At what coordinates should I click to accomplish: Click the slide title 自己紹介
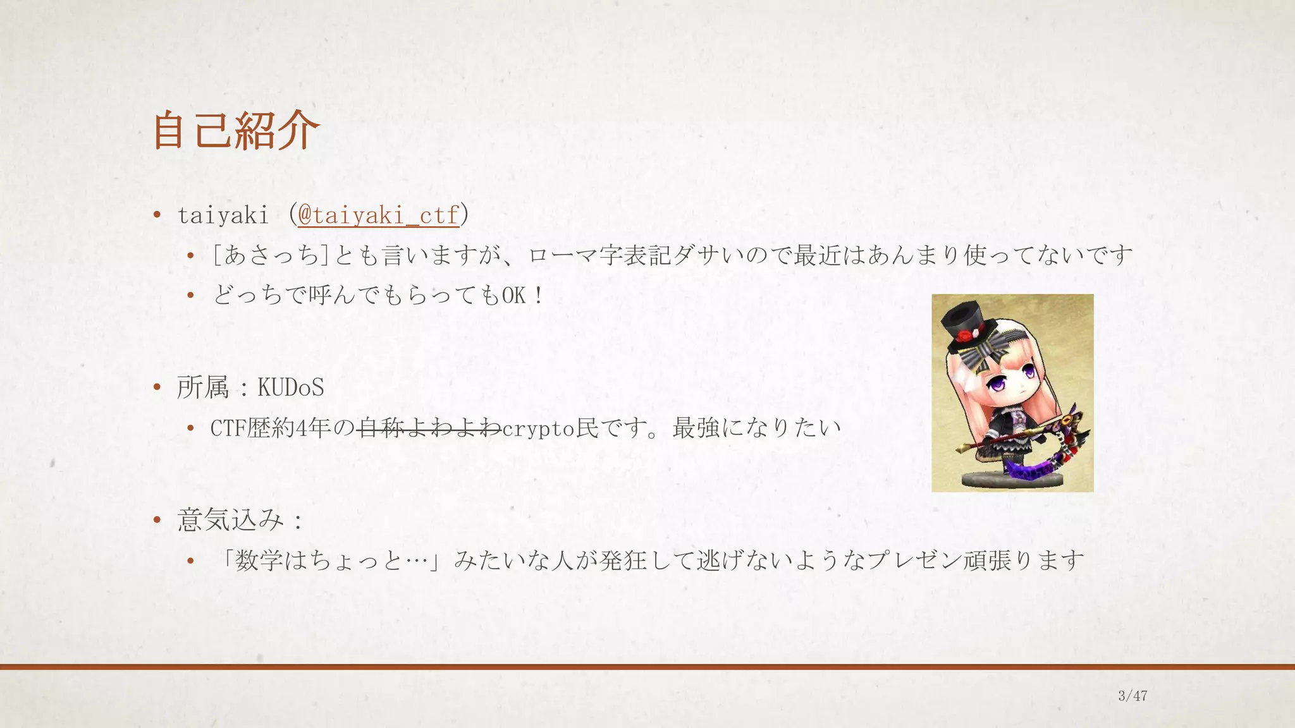(x=236, y=130)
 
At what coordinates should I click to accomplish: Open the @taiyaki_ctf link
(x=378, y=215)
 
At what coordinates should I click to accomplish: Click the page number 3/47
(x=1132, y=696)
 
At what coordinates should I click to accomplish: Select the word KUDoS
(x=291, y=387)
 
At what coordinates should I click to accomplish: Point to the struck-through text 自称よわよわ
(x=429, y=428)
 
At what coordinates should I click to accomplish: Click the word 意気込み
(x=230, y=520)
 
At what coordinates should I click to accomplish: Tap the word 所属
(x=202, y=387)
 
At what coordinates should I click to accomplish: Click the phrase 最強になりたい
(x=756, y=428)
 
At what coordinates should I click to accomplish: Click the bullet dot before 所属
(x=157, y=387)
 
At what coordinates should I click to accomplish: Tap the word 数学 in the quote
(x=258, y=560)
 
